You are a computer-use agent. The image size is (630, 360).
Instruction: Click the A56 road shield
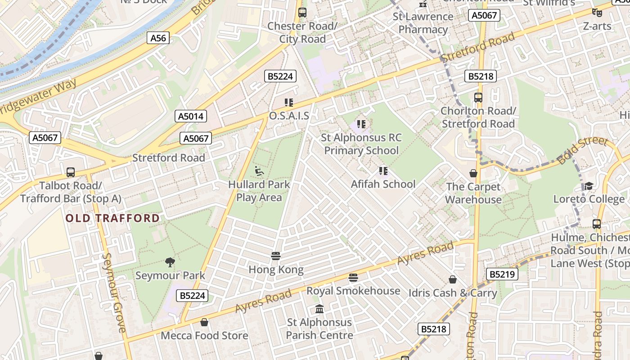[158, 38]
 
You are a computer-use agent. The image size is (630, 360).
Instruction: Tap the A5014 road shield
[191, 116]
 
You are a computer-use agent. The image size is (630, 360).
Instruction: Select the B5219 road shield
[502, 274]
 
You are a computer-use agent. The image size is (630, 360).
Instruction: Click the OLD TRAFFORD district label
[113, 218]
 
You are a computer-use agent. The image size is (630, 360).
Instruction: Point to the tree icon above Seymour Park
[170, 262]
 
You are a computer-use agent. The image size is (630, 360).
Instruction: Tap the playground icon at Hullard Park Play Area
[259, 171]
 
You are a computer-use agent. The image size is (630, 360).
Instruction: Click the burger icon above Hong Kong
[276, 256]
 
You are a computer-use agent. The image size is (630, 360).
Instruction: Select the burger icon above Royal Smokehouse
[353, 277]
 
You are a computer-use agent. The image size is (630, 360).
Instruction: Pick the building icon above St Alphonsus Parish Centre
[319, 309]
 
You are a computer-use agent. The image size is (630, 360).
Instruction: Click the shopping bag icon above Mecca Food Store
[204, 322]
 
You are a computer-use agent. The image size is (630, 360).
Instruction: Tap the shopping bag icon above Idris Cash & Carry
[453, 279]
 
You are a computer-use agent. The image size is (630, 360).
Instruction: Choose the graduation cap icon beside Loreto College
[589, 186]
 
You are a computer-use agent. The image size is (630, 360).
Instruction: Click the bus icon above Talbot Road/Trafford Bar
[71, 172]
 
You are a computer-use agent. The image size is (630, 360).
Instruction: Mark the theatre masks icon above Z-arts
[597, 13]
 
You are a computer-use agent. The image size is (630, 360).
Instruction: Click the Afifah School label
[383, 184]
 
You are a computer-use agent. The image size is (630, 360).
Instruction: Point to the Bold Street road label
[582, 150]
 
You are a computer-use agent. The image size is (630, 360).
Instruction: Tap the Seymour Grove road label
[114, 292]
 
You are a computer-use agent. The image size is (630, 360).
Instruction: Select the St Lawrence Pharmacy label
[423, 23]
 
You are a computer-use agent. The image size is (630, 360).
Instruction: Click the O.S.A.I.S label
[289, 116]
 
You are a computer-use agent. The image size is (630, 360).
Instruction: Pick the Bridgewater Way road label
[38, 100]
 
